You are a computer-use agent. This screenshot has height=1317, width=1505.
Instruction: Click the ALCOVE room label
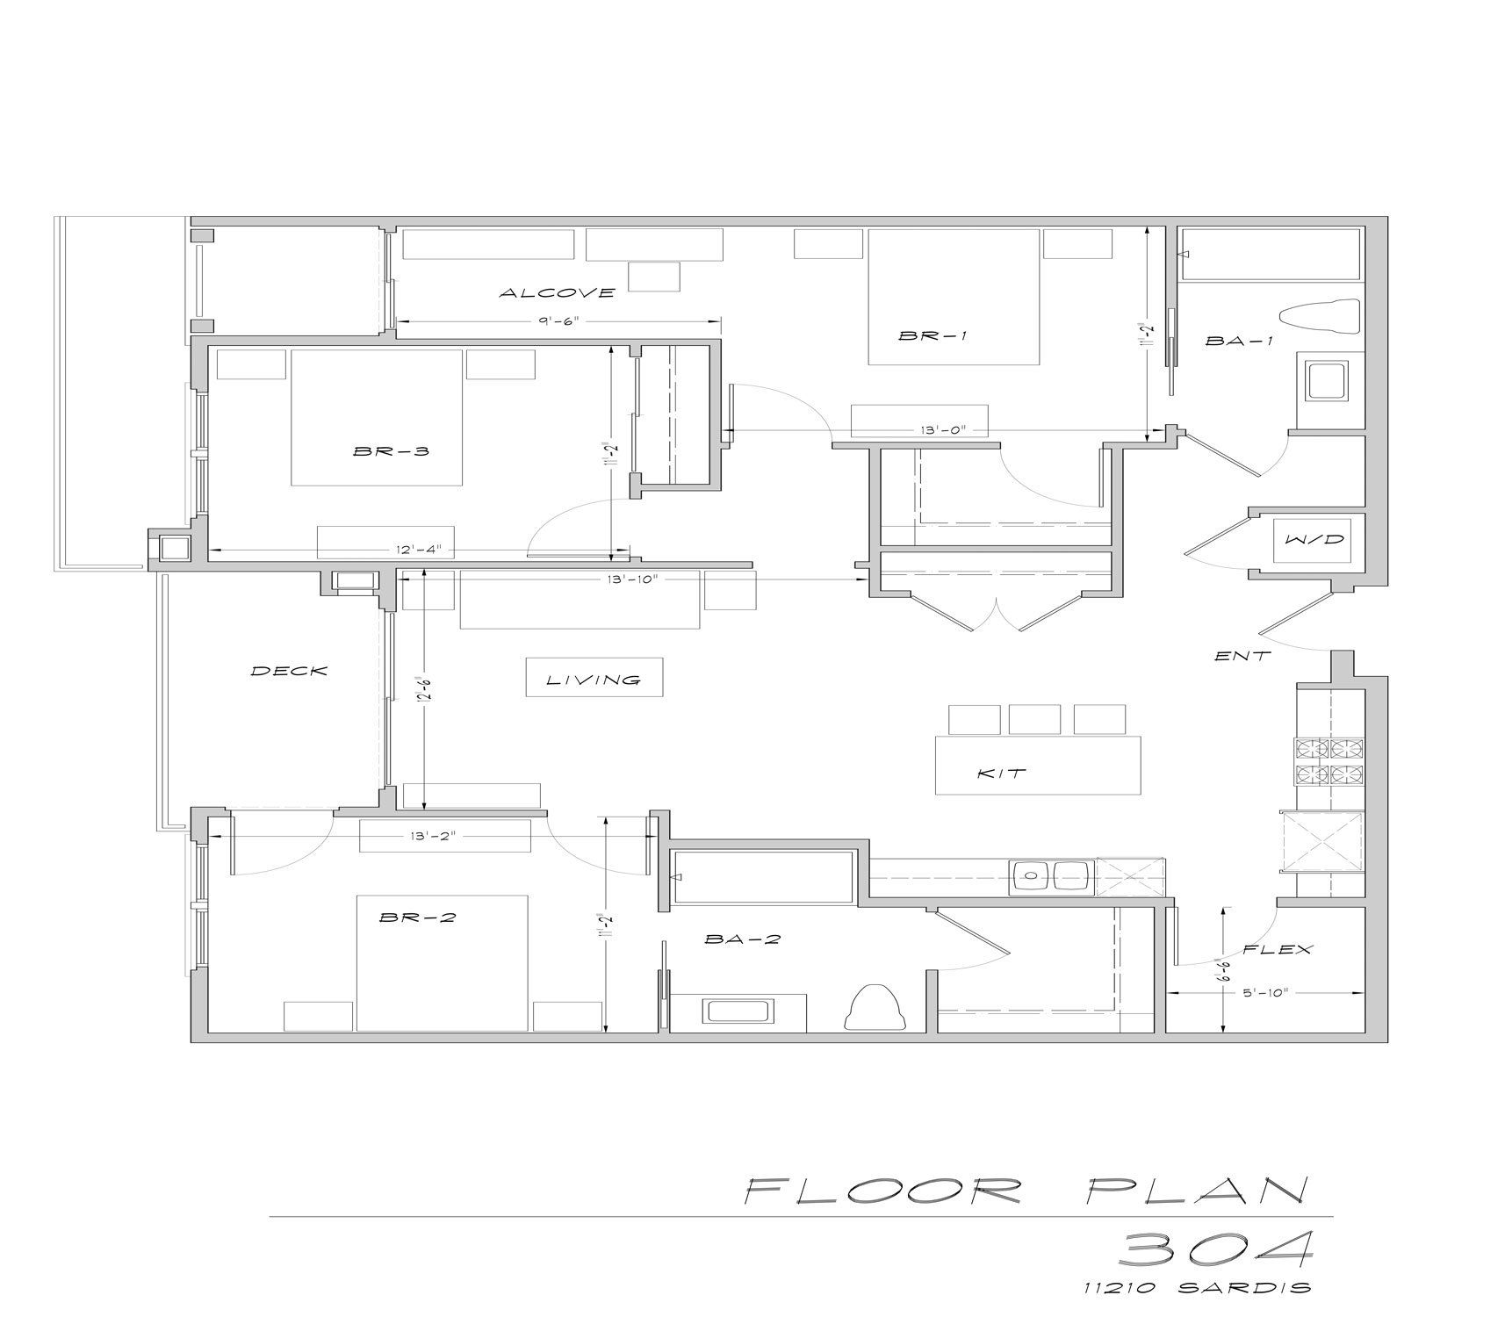point(557,292)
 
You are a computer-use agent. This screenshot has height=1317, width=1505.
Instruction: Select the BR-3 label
point(391,451)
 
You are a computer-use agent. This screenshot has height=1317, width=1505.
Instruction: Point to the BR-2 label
point(417,918)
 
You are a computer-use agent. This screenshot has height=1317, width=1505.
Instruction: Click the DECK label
point(289,671)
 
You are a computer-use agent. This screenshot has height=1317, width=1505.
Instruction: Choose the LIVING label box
point(594,679)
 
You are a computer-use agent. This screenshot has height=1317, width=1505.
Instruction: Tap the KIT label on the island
point(1002,774)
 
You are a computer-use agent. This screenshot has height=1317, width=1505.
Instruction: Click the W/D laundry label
point(1314,539)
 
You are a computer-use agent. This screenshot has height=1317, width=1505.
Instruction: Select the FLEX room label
point(1278,949)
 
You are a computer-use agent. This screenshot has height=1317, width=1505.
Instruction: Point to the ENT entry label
point(1242,655)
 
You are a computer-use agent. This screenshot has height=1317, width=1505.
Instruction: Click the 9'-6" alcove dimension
point(559,321)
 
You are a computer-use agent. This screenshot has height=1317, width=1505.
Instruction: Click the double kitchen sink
point(1050,875)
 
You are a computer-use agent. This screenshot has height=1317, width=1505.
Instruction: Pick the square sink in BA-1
point(1326,380)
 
